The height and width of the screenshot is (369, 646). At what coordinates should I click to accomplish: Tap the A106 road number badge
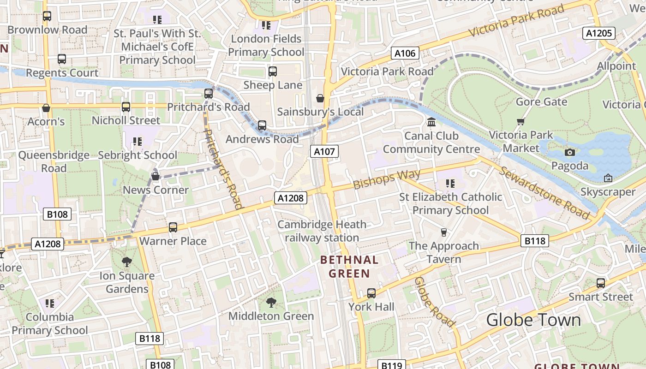[405, 53]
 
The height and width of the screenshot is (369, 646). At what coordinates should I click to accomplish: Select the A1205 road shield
[598, 33]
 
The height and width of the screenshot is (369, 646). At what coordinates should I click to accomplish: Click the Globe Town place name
[533, 320]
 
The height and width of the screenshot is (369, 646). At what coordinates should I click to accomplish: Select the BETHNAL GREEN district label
[349, 267]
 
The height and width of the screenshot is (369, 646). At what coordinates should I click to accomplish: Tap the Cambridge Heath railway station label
[322, 231]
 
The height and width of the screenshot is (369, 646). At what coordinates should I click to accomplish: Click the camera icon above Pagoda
[570, 152]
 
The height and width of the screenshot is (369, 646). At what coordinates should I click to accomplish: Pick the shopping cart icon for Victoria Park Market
[521, 121]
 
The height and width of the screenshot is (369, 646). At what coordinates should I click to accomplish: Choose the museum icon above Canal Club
[431, 122]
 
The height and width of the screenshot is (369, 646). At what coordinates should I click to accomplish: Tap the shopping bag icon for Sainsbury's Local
[320, 98]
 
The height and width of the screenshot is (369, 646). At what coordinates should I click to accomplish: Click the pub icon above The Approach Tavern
[444, 232]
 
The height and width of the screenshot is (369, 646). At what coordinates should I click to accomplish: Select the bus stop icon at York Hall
[371, 293]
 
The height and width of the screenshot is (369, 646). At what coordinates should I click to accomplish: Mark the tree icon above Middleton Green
[271, 302]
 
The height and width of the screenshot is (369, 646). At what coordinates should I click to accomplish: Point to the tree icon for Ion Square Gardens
[127, 262]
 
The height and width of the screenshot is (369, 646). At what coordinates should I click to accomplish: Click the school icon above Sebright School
[137, 141]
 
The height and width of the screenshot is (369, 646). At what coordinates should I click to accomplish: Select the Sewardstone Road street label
[544, 193]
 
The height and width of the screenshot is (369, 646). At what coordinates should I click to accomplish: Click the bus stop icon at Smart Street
[601, 283]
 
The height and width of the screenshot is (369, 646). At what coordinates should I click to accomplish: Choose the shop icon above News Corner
[156, 176]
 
